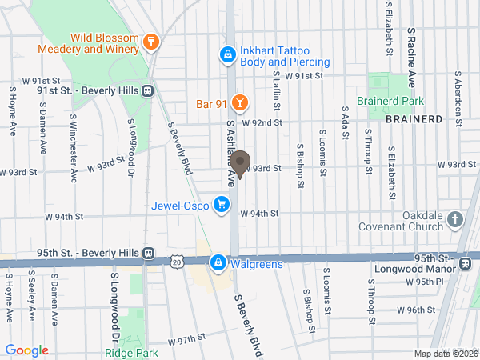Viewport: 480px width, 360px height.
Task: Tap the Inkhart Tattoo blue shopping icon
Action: click(227, 54)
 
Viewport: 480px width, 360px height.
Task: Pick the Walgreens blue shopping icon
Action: click(217, 262)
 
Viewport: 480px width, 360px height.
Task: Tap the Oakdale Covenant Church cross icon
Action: click(454, 219)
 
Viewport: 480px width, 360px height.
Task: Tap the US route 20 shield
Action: click(177, 262)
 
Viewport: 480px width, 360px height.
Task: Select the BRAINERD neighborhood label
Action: click(413, 118)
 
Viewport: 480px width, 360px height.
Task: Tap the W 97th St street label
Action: click(187, 340)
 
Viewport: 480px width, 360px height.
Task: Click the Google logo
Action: click(26, 350)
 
